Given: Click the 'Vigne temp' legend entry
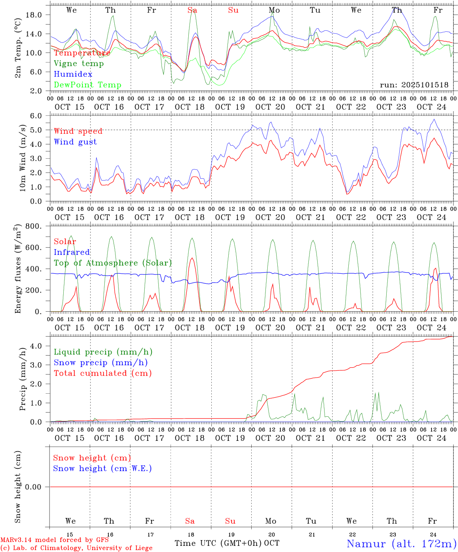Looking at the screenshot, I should (x=79, y=64).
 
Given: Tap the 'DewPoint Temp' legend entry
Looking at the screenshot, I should (x=87, y=85).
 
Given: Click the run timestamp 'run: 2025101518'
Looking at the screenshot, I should (x=414, y=85).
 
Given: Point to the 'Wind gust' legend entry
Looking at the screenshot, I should (x=75, y=142).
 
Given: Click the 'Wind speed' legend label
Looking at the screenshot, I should (x=78, y=131).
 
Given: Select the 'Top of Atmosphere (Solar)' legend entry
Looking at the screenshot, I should (x=113, y=263).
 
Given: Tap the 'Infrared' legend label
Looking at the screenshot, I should (x=72, y=252).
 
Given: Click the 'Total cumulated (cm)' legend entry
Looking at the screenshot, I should (x=102, y=373).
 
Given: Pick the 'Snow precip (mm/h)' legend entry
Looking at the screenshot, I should (x=100, y=363).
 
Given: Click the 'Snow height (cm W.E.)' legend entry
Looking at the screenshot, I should (x=102, y=468).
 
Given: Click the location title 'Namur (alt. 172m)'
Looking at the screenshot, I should (x=401, y=543).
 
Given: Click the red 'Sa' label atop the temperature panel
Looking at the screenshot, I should (x=192, y=10).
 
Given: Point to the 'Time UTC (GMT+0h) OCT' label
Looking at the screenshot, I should (x=227, y=543).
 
